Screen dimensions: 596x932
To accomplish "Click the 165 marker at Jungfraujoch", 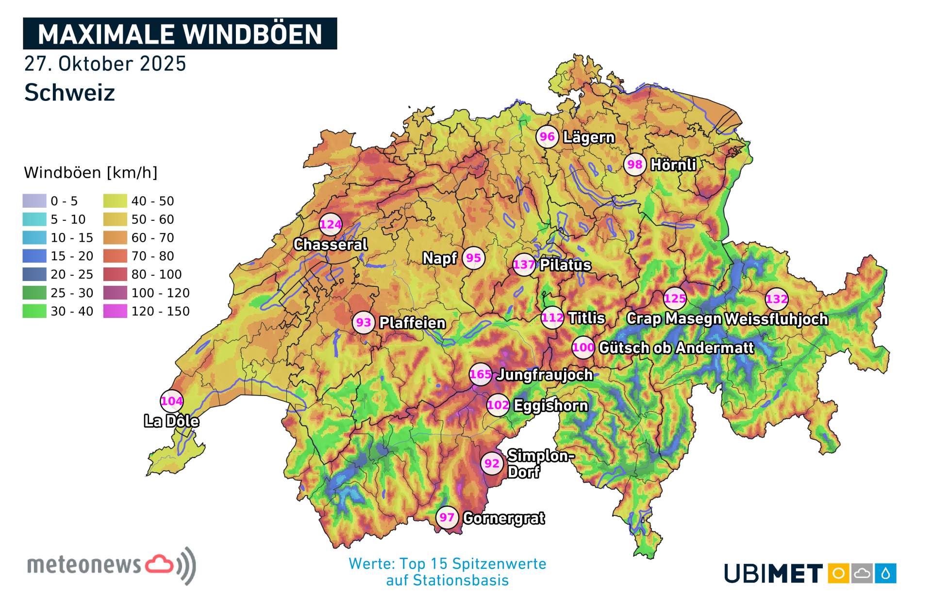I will point(481,374).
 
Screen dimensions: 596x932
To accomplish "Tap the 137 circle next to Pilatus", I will point(524,265).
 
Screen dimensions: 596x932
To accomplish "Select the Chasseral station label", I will point(330,244).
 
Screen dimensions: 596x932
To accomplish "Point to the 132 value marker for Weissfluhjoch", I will point(777,299).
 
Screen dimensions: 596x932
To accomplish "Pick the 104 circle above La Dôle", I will point(172,401).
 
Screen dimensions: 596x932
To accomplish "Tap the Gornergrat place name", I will point(504,518).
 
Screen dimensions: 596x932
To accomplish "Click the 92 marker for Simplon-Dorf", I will point(492,464).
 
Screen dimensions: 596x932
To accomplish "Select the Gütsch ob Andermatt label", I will point(676,348).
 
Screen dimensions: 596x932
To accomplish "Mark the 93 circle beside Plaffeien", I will point(364,322).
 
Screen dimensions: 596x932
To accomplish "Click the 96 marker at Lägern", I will point(547,137).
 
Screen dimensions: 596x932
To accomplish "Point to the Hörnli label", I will point(673,165).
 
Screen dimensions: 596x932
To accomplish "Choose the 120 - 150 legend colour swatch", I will point(115,311).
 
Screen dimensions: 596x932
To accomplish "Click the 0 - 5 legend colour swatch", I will point(34,201).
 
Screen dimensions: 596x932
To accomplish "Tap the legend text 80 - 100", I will point(156,274).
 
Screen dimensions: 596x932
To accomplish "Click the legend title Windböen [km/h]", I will point(90,172).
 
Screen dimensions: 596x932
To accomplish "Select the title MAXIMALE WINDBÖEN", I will point(180,34).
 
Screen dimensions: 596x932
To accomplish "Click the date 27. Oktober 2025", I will point(105,64).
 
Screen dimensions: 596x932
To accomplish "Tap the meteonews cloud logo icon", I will point(160,564).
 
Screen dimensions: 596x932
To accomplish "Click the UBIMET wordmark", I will point(773,574).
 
